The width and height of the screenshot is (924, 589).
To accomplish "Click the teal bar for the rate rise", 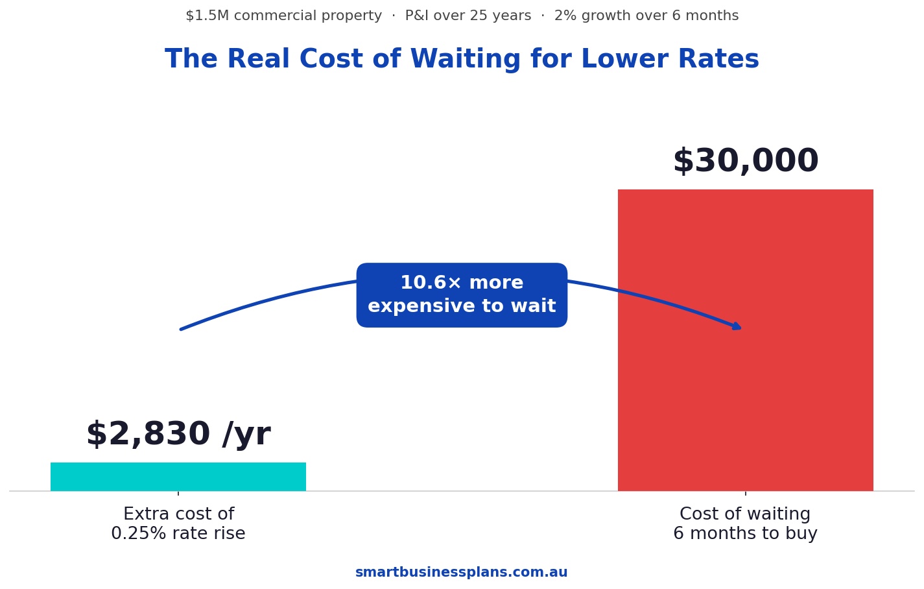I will pyautogui.click(x=178, y=477).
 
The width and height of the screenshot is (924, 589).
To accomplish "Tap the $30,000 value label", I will pyautogui.click(x=745, y=162).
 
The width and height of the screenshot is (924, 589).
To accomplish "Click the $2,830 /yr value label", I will pyautogui.click(x=178, y=435).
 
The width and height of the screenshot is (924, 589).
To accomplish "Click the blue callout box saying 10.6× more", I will pyautogui.click(x=462, y=295).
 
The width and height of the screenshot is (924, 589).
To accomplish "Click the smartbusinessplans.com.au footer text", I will pyautogui.click(x=461, y=573).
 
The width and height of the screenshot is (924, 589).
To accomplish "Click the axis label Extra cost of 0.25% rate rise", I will pyautogui.click(x=178, y=524).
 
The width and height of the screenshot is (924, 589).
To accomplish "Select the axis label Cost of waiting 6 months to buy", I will pyautogui.click(x=745, y=524).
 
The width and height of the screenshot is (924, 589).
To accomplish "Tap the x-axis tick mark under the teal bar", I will pyautogui.click(x=178, y=494).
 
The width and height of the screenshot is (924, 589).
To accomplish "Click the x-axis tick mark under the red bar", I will pyautogui.click(x=745, y=494).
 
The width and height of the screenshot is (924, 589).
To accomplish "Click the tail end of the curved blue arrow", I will pyautogui.click(x=182, y=329).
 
